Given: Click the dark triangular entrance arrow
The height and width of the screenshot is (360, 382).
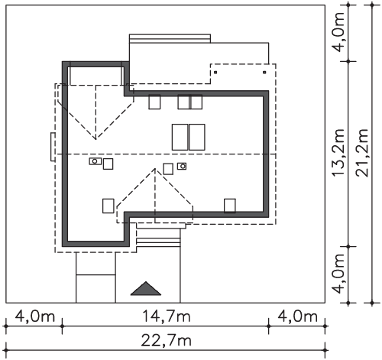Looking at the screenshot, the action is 146,290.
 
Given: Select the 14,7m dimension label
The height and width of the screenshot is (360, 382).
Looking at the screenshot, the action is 167,316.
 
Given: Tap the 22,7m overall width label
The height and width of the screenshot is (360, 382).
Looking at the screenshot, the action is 166,340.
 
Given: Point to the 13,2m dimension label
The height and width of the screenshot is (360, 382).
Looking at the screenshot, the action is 338,153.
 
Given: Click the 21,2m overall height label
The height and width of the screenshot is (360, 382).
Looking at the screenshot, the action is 362,153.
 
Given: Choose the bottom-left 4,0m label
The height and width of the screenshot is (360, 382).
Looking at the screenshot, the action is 35,316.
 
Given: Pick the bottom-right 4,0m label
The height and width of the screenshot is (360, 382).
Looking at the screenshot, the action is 297,316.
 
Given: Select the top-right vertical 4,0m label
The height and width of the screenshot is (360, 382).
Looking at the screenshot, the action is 338,32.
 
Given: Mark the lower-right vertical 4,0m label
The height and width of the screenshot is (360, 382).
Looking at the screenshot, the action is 338,274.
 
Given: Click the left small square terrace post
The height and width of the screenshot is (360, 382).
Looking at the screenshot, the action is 215,73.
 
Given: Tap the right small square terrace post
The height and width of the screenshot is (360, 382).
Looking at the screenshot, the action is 264,73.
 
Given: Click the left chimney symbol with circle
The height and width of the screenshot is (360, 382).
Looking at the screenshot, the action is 95,161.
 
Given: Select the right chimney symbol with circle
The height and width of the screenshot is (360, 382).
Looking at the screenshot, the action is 182,167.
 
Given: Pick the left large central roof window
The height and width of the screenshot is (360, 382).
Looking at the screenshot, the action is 180,137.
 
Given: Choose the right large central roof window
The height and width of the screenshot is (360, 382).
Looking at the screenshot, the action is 197,137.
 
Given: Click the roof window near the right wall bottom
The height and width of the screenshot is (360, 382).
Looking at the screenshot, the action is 230,206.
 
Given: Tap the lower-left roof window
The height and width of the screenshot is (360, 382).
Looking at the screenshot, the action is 108,206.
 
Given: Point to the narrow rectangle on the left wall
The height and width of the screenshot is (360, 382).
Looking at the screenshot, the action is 53,147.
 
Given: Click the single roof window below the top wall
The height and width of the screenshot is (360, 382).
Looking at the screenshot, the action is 154,102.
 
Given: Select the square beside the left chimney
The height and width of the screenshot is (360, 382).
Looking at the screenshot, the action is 108,164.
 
